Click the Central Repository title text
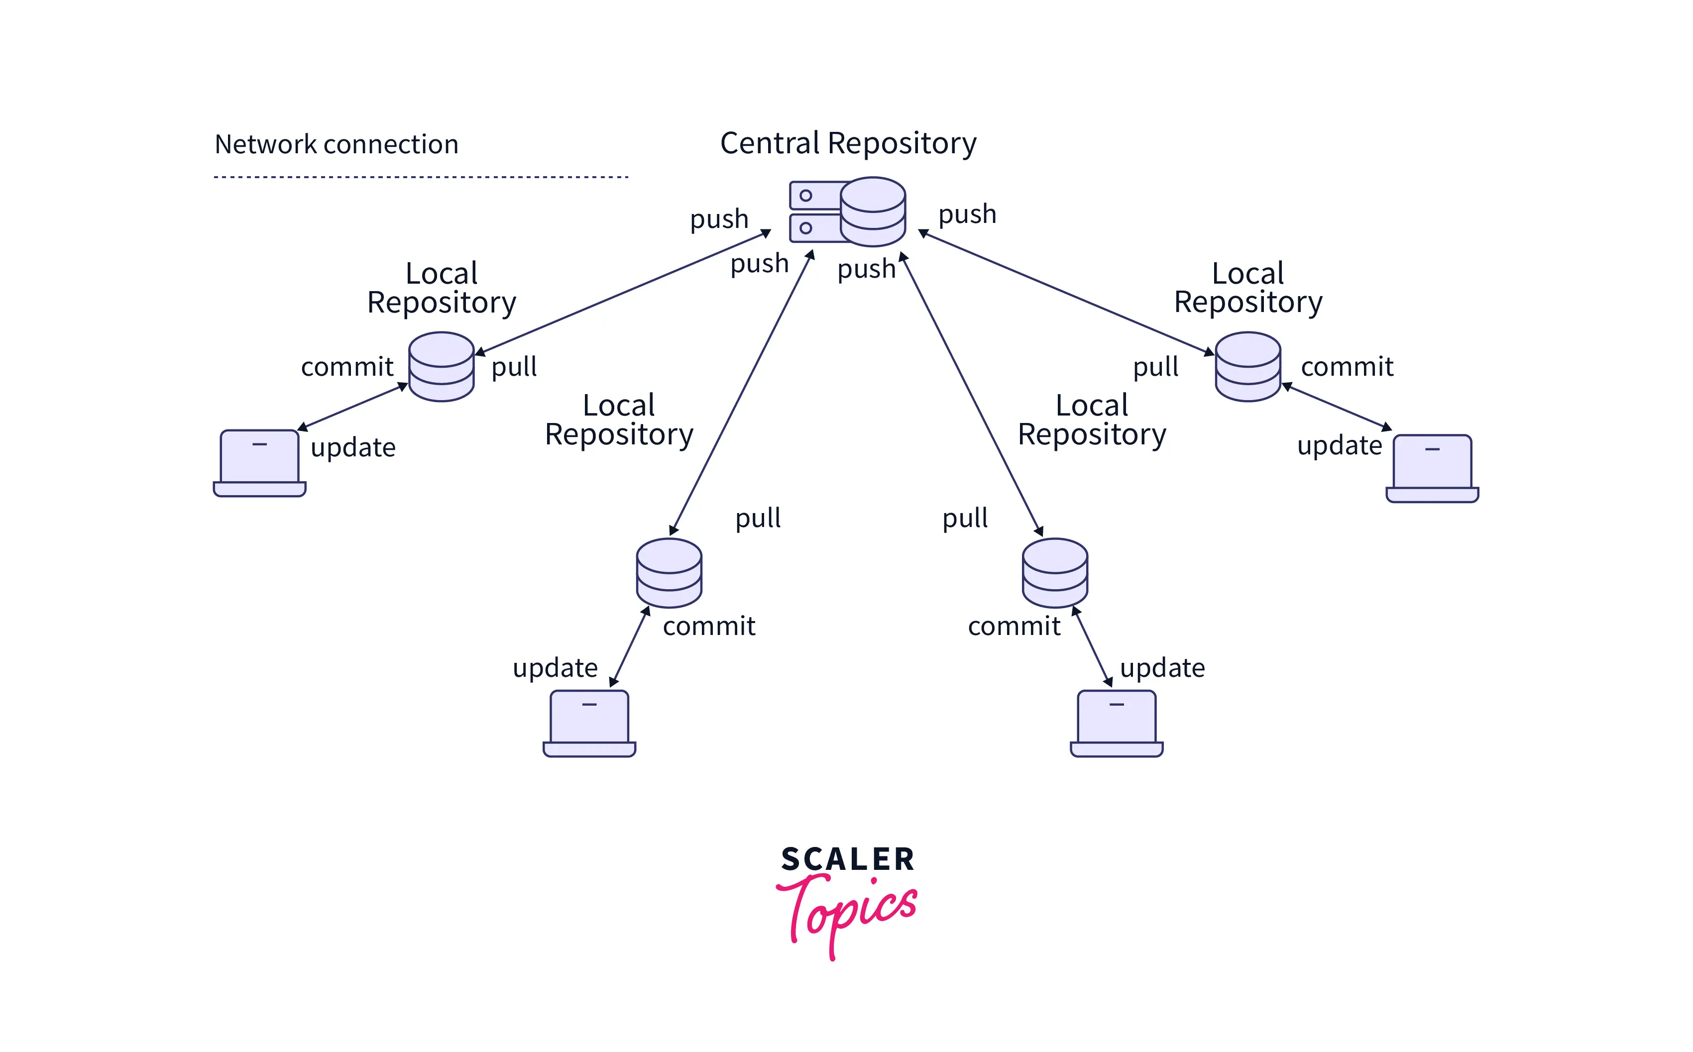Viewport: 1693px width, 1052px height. [x=848, y=144]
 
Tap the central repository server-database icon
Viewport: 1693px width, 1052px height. [x=848, y=211]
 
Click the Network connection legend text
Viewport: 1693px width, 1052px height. [x=336, y=145]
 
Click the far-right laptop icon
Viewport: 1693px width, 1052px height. [x=1432, y=468]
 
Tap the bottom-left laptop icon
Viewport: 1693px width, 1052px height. [x=589, y=723]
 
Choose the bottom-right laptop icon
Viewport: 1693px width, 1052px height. [x=1116, y=723]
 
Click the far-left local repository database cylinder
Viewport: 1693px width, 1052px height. [x=441, y=367]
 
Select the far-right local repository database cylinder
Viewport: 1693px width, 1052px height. [x=1247, y=367]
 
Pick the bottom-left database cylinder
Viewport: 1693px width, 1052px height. [x=669, y=573]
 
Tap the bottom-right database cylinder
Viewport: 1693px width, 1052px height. [x=1055, y=573]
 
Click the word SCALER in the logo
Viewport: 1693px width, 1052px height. [x=848, y=859]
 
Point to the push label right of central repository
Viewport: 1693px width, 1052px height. [x=967, y=214]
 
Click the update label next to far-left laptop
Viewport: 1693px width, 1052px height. [x=353, y=447]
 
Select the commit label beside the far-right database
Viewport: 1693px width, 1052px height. [x=1347, y=367]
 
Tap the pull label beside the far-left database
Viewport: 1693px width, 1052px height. [x=514, y=367]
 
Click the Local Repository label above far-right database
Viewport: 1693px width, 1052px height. [x=1247, y=288]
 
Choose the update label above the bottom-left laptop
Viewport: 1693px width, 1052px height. [x=555, y=668]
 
